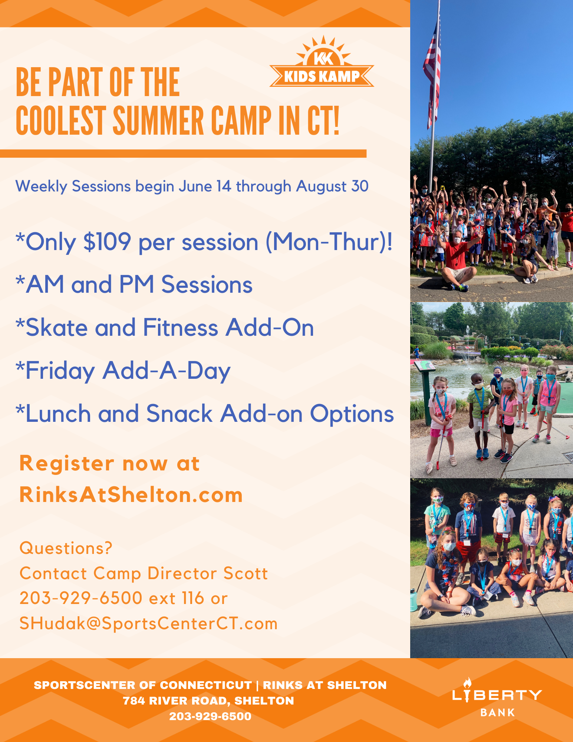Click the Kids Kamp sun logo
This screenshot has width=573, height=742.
[322, 62]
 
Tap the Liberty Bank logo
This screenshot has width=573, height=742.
[497, 697]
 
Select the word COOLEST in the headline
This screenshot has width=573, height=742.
[61, 121]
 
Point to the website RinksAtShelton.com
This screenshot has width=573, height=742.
[131, 495]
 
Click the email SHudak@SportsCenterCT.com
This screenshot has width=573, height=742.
[148, 624]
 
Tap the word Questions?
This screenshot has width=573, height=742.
[66, 548]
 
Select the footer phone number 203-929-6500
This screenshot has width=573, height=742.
[210, 716]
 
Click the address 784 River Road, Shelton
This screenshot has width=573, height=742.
[208, 701]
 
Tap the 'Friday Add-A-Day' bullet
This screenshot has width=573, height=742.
[123, 371]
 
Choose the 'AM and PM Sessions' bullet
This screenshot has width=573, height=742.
[134, 285]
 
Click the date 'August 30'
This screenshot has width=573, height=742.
[332, 186]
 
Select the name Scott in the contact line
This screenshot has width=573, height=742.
[246, 574]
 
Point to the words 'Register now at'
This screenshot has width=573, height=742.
[109, 463]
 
